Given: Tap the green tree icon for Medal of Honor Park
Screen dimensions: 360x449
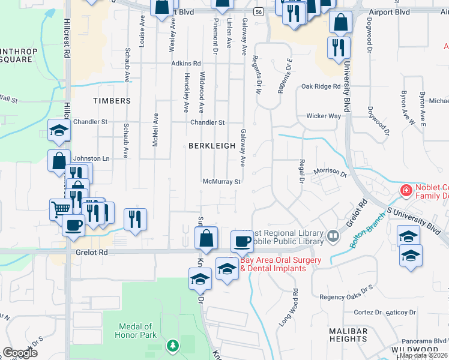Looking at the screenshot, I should (173, 345).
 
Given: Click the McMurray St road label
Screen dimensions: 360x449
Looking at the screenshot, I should (221, 181).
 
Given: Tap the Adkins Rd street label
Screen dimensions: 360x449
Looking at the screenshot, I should (185, 63).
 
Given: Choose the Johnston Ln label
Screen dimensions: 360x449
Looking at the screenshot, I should (91, 158).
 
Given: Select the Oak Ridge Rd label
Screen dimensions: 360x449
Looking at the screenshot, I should (321, 86).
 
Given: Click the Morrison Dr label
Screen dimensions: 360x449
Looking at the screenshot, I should (331, 172).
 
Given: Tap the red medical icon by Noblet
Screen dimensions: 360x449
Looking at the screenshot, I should (406, 191).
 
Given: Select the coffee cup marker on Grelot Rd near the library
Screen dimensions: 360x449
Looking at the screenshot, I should (243, 241).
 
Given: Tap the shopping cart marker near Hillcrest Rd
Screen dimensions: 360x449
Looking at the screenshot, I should (61, 209).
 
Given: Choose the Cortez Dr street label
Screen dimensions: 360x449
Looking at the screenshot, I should (369, 313).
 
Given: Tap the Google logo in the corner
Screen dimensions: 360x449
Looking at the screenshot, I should (19, 353).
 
